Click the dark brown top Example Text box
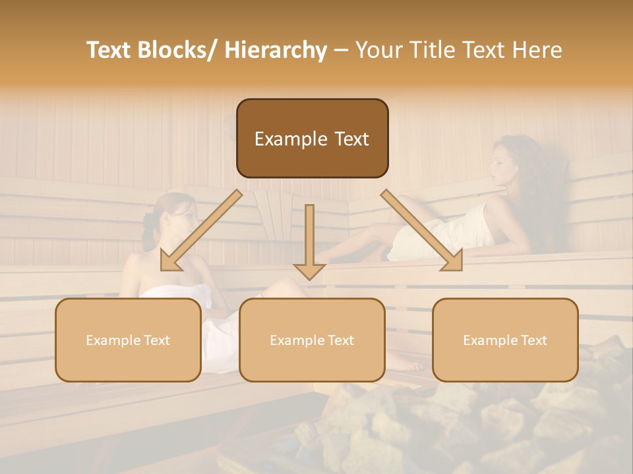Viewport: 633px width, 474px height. click(x=312, y=138)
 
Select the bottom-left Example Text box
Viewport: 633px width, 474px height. click(x=128, y=340)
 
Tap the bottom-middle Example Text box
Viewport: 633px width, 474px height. click(x=312, y=340)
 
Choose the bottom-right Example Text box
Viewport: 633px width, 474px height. click(x=505, y=340)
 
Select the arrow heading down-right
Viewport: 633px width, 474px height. click(x=422, y=230)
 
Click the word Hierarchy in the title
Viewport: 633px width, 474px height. click(x=276, y=50)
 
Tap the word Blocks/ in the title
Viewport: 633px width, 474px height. click(x=181, y=50)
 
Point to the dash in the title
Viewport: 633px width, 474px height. click(x=341, y=50)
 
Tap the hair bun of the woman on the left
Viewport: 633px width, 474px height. click(x=149, y=221)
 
